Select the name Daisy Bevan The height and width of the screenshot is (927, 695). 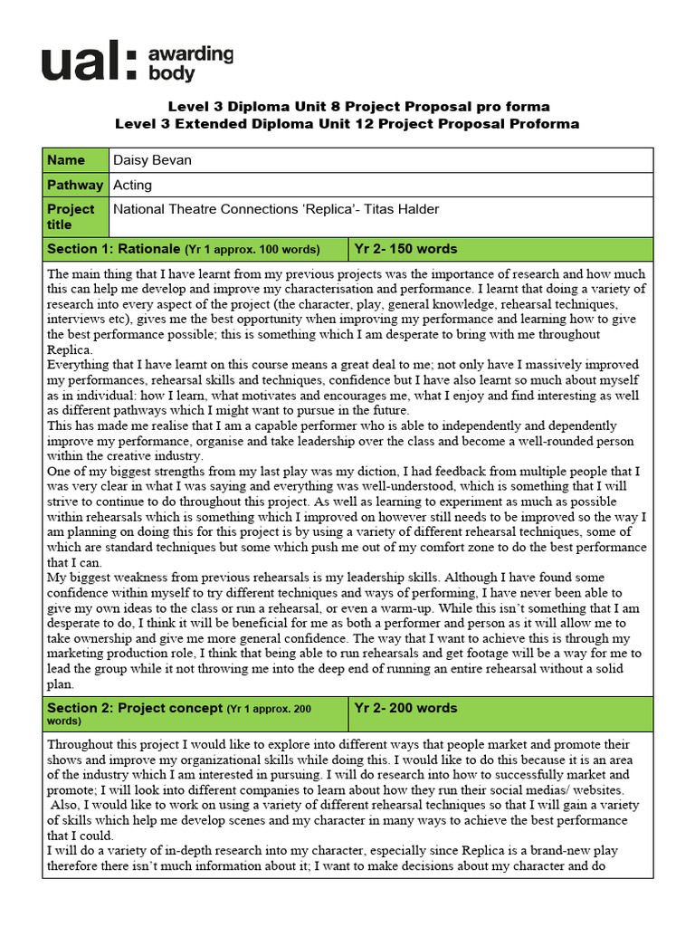click(x=152, y=160)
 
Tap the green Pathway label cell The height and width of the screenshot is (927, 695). click(x=75, y=185)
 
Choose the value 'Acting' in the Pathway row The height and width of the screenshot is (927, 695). click(x=132, y=185)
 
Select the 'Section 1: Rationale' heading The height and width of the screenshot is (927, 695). click(x=114, y=249)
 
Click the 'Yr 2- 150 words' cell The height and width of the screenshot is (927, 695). click(x=406, y=249)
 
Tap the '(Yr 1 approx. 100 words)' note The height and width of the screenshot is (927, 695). click(x=252, y=250)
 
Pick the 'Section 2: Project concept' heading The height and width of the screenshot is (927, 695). click(x=135, y=708)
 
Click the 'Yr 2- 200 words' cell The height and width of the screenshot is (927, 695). click(x=406, y=708)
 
